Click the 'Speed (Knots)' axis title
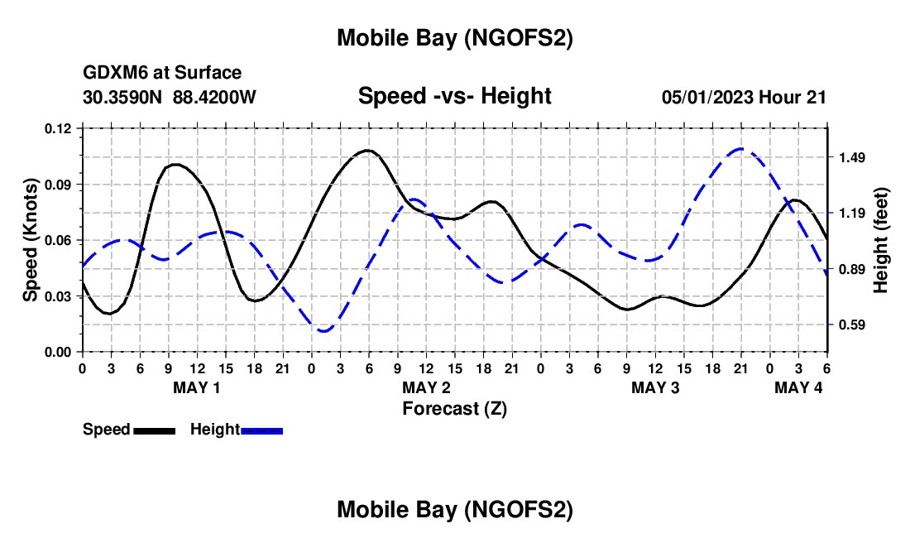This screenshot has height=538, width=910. point(31,240)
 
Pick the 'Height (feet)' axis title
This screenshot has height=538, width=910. point(880,240)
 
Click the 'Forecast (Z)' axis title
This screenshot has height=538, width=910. point(454,408)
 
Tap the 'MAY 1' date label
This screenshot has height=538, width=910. point(197,387)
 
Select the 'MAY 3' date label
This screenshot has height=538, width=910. point(655,387)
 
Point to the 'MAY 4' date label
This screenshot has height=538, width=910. point(798,387)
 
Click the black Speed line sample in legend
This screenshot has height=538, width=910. point(154,430)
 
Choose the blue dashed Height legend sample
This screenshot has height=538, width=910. point(262,430)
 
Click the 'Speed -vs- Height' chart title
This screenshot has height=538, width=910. point(454,97)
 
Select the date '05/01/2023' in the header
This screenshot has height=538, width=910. point(708,97)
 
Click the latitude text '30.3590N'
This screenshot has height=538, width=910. point(124,97)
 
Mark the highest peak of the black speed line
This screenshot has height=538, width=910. point(367,151)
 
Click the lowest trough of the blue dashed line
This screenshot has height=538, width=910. point(323,331)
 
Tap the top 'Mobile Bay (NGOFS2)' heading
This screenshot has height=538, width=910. point(454,39)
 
